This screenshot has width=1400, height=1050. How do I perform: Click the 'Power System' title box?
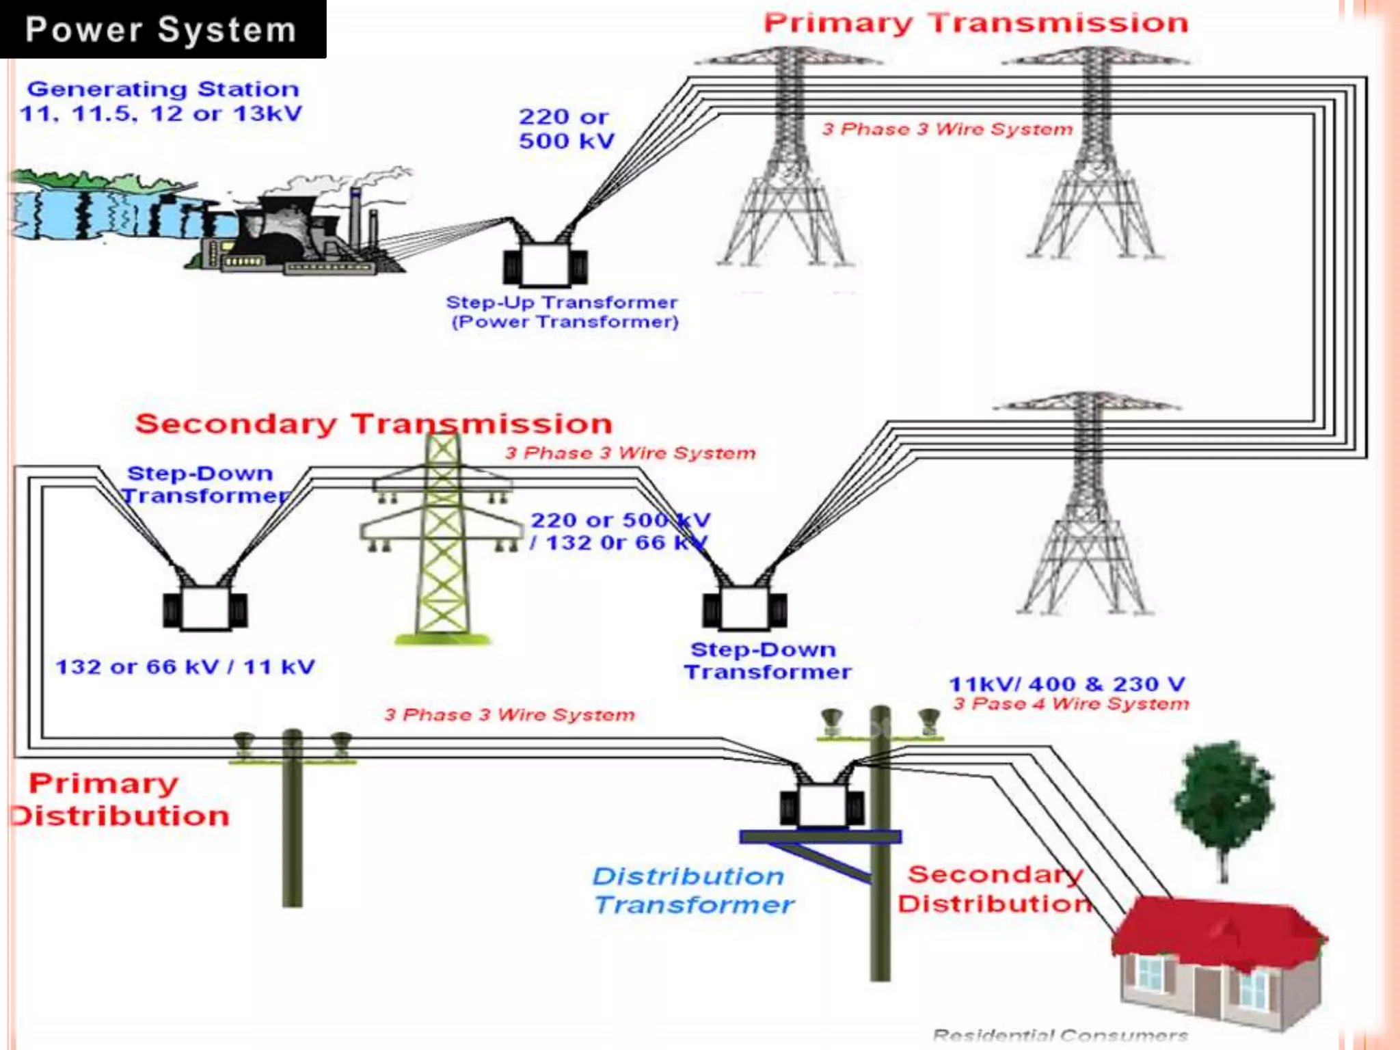[163, 29]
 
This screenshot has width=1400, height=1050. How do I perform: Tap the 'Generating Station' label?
[163, 89]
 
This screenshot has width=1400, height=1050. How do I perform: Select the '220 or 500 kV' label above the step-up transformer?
[566, 129]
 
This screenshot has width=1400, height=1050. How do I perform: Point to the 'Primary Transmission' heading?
[976, 23]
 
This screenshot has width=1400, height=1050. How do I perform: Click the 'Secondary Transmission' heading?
[374, 424]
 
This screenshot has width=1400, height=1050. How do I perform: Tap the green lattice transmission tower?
[442, 540]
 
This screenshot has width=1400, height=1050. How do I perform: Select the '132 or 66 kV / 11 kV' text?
[185, 667]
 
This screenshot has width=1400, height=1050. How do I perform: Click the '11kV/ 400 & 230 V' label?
[1067, 684]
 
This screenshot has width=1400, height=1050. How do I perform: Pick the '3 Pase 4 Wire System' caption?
[1071, 704]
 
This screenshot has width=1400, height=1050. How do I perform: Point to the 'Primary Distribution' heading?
[121, 800]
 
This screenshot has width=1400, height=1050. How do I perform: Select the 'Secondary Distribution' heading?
[995, 889]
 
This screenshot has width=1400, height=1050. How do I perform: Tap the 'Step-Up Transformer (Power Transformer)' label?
[562, 312]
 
